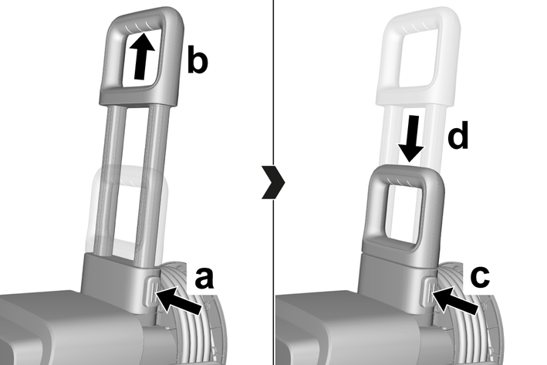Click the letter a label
204,278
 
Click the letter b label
198,59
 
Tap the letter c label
480,277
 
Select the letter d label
458,135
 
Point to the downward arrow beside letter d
412,139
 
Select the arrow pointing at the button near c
454,299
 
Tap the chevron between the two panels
273,182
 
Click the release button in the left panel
150,292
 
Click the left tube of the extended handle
110,181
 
